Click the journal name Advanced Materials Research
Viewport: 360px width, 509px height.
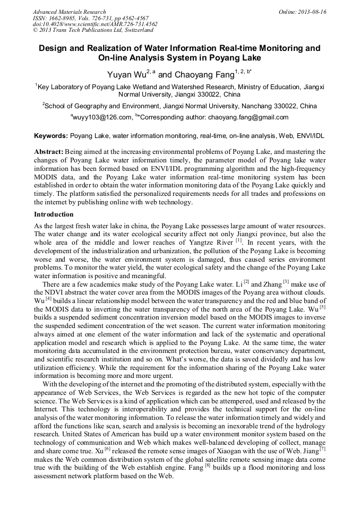click(x=69, y=12)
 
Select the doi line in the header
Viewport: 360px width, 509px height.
click(x=95, y=24)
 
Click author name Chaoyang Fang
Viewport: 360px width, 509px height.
click(x=201, y=75)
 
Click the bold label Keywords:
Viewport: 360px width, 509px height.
click(x=50, y=136)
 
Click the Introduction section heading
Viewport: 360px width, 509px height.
click(x=54, y=214)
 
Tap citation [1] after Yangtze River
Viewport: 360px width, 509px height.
click(x=239, y=240)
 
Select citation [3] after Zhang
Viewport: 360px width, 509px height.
click(x=286, y=281)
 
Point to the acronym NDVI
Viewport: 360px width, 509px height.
click(x=55, y=292)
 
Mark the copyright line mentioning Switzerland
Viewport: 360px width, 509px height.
click(x=93, y=30)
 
